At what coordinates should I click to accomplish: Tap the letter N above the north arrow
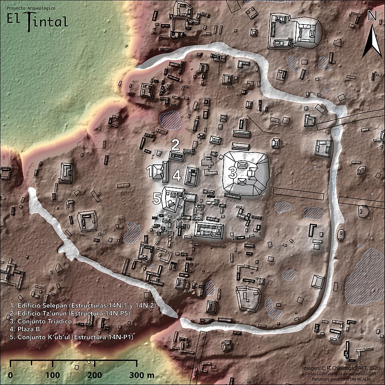(x=372, y=16)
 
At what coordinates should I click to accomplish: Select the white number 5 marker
(x=157, y=198)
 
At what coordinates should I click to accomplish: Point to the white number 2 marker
(x=175, y=144)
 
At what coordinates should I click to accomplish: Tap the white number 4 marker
(x=177, y=175)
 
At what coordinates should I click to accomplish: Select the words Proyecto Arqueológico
(x=28, y=8)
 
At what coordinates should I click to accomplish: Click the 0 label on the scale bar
(x=10, y=375)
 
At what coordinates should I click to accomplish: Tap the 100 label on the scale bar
(x=53, y=375)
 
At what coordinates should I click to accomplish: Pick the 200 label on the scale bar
(x=95, y=375)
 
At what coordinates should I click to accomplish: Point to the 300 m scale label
(x=142, y=375)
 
